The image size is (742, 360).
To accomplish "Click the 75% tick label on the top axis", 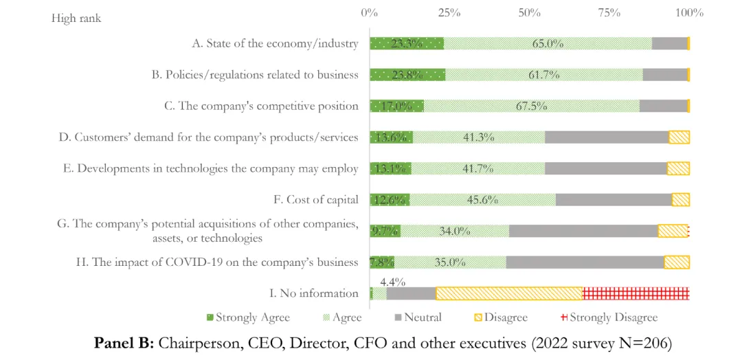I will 609,13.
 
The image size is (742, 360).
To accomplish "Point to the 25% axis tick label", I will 449,13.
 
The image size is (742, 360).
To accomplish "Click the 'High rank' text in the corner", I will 76,19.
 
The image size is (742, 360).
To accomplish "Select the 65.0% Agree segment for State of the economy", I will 548,43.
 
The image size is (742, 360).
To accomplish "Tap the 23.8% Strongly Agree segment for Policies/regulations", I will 407,75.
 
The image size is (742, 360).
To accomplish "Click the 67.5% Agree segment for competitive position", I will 532,106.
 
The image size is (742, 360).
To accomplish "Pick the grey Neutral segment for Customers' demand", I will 607,137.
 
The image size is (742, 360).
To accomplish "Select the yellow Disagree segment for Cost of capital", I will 681,200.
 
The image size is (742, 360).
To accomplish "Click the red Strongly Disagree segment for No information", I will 636,293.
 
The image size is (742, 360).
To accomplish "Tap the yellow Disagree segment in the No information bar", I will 509,293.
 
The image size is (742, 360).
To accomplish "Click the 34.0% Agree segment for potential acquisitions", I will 455,231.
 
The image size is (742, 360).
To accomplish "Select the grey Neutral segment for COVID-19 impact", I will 585,262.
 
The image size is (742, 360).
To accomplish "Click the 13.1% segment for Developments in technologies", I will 390,168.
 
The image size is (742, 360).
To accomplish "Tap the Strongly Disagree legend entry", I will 609,317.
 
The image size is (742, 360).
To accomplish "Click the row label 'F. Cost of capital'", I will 316,200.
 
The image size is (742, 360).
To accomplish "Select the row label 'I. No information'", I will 314,293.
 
